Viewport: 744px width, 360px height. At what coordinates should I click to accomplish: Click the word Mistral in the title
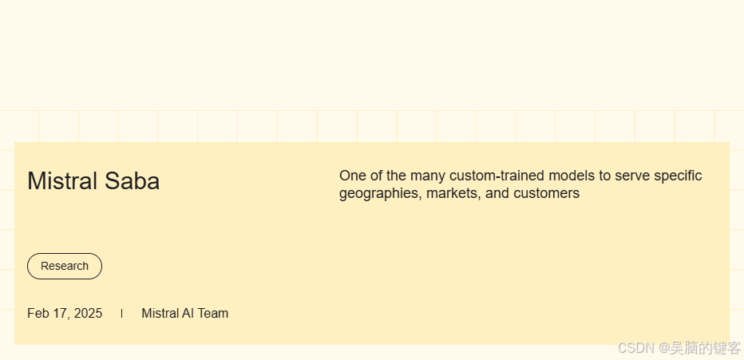tap(62, 181)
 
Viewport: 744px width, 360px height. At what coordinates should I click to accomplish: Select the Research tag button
tap(65, 266)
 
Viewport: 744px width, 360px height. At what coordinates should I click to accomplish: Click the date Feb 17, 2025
tap(65, 313)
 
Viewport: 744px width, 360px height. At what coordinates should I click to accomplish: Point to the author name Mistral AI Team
tap(184, 313)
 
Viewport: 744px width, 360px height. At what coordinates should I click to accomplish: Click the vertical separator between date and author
tap(121, 313)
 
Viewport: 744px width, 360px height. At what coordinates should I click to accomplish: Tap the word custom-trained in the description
tap(494, 176)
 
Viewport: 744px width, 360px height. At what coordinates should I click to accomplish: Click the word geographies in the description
tap(379, 193)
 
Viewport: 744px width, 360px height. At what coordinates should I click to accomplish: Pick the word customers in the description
tap(546, 193)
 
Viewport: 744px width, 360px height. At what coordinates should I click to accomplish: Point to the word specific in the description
tap(678, 176)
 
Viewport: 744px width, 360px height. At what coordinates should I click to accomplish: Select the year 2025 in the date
tap(88, 313)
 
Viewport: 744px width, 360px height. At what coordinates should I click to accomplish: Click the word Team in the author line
tap(213, 313)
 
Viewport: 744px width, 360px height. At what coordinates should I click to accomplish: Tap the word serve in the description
tap(632, 176)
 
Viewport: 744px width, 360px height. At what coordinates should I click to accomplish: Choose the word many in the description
tap(429, 176)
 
